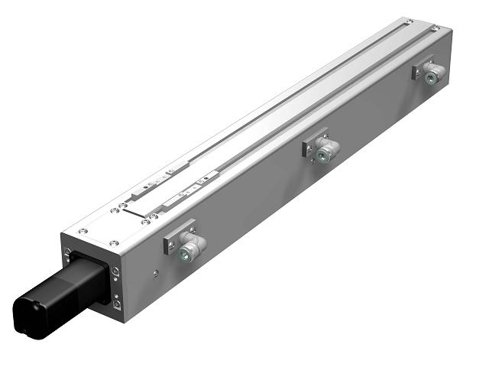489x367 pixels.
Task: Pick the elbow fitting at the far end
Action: click(434, 74)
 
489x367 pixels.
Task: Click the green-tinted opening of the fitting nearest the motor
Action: click(186, 253)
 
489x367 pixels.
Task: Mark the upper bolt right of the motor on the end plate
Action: click(115, 271)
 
